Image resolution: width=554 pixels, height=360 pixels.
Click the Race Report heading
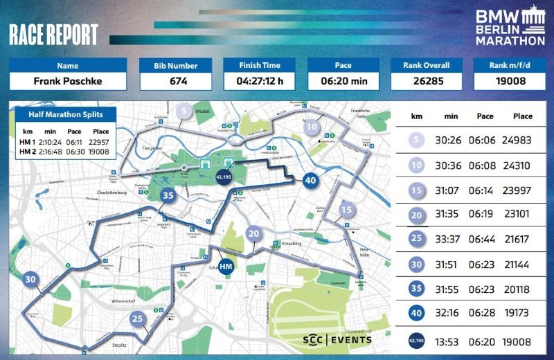pyautogui.click(x=54, y=35)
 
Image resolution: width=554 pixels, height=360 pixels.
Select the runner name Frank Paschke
pyautogui.click(x=67, y=81)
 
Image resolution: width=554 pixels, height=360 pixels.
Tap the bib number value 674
pyautogui.click(x=178, y=81)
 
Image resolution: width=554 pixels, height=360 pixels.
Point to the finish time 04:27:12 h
pyautogui.click(x=260, y=81)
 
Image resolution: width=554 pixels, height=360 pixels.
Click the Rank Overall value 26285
pyautogui.click(x=427, y=81)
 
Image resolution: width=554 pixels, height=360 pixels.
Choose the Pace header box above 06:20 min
pyautogui.click(x=343, y=66)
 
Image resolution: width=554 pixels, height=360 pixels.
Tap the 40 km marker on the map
pyautogui.click(x=310, y=180)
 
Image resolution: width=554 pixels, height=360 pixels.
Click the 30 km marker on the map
pyautogui.click(x=30, y=280)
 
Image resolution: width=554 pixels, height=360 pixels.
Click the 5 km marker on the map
pyautogui.click(x=184, y=111)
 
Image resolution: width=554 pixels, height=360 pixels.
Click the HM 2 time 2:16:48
pyautogui.click(x=49, y=151)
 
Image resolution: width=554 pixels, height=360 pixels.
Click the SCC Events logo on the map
pyautogui.click(x=337, y=339)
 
